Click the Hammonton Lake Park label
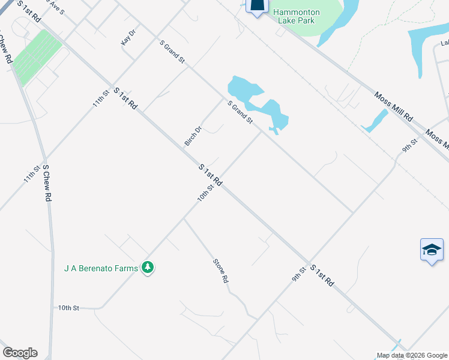point(297,16)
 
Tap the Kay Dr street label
point(128,37)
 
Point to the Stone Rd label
point(221,271)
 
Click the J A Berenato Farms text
point(101,268)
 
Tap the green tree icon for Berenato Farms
point(148,267)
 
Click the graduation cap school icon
point(432,249)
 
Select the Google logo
point(20,353)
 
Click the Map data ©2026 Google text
point(412,355)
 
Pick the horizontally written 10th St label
point(68,308)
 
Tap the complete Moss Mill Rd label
point(394,106)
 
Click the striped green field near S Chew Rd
point(37,56)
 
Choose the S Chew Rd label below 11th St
point(47,183)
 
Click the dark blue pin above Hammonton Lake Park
point(256,6)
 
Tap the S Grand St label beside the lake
point(240,113)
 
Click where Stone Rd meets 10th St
point(184,218)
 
